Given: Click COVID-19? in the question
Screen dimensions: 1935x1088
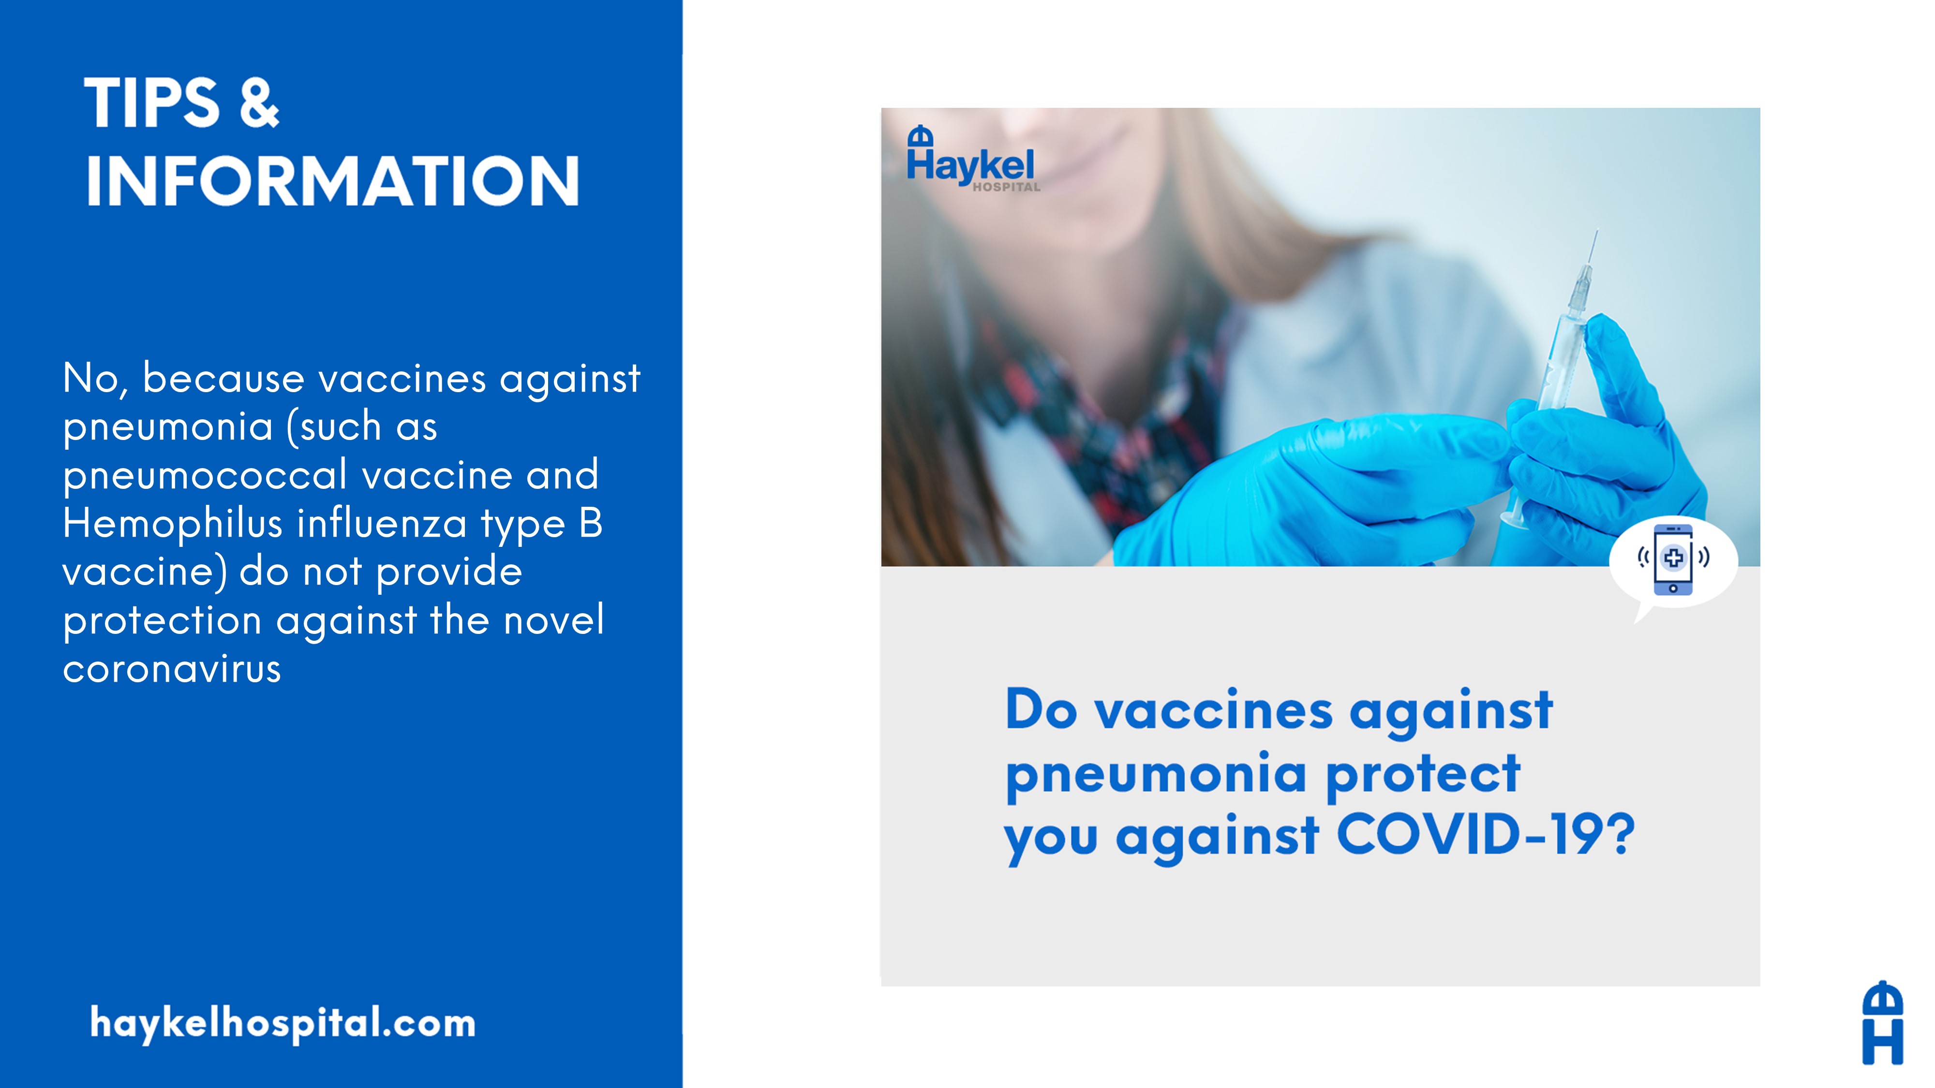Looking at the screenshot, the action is coord(1485,835).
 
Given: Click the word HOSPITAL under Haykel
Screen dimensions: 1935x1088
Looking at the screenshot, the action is coord(1007,187).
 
